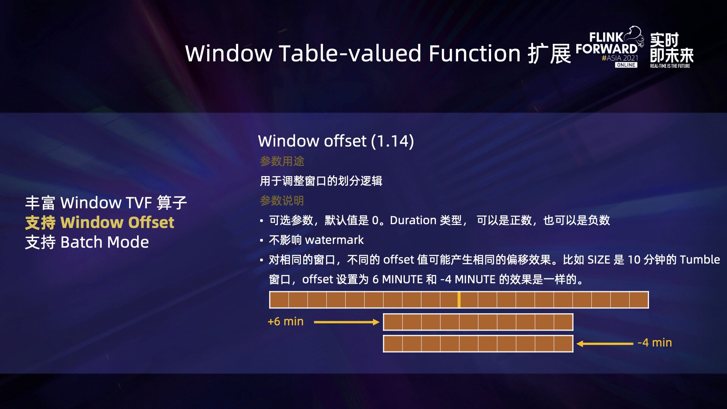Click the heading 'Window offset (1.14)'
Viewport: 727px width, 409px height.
tap(336, 141)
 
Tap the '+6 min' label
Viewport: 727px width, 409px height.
tap(285, 322)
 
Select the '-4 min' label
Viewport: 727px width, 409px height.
tap(655, 343)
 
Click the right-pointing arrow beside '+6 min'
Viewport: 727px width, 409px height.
tap(346, 322)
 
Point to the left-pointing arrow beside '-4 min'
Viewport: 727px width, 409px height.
tap(605, 344)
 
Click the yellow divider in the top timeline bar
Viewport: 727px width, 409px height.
tap(459, 300)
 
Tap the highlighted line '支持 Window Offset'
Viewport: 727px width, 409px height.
tap(100, 222)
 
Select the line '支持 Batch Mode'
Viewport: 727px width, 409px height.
tap(87, 242)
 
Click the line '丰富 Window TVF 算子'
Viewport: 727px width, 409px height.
tap(106, 203)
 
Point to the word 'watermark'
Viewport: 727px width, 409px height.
tap(334, 240)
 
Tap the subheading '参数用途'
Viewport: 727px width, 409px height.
tap(282, 161)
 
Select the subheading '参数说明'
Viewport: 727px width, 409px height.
tap(282, 201)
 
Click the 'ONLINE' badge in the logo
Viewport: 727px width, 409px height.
tap(626, 65)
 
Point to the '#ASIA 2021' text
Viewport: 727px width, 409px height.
tap(620, 58)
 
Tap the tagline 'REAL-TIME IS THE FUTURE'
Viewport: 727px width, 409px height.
tap(670, 66)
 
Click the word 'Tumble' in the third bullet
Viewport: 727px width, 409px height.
tap(700, 260)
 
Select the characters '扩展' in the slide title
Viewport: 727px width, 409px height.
tap(549, 53)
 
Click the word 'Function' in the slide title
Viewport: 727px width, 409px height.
tap(475, 53)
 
